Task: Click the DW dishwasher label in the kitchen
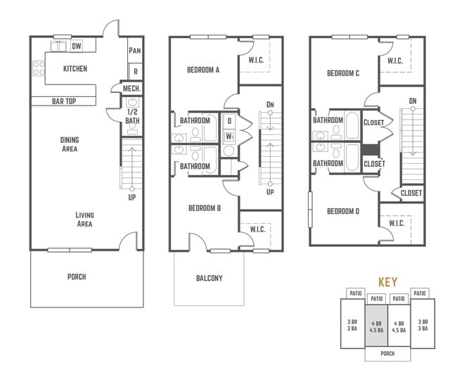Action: coord(77,46)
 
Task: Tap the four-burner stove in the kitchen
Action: coord(39,68)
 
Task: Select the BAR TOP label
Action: coord(64,101)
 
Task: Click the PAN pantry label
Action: coord(135,51)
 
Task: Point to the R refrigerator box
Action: coord(136,72)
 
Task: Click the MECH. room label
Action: coord(131,89)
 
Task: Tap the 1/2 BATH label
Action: coord(132,116)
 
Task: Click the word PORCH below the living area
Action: coord(77,276)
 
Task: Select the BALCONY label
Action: coord(210,278)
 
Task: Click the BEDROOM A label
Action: coord(203,70)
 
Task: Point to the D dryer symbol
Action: coord(229,121)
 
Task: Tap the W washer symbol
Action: coord(229,136)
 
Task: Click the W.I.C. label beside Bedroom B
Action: coord(257,229)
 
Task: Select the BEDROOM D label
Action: coord(343,211)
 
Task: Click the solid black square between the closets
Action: coord(371,150)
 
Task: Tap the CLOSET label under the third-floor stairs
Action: coord(411,193)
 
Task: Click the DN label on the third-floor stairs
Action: coord(413,101)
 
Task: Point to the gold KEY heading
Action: coord(387,282)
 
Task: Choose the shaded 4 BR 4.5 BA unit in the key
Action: coord(376,326)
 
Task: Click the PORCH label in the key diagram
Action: coord(387,353)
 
